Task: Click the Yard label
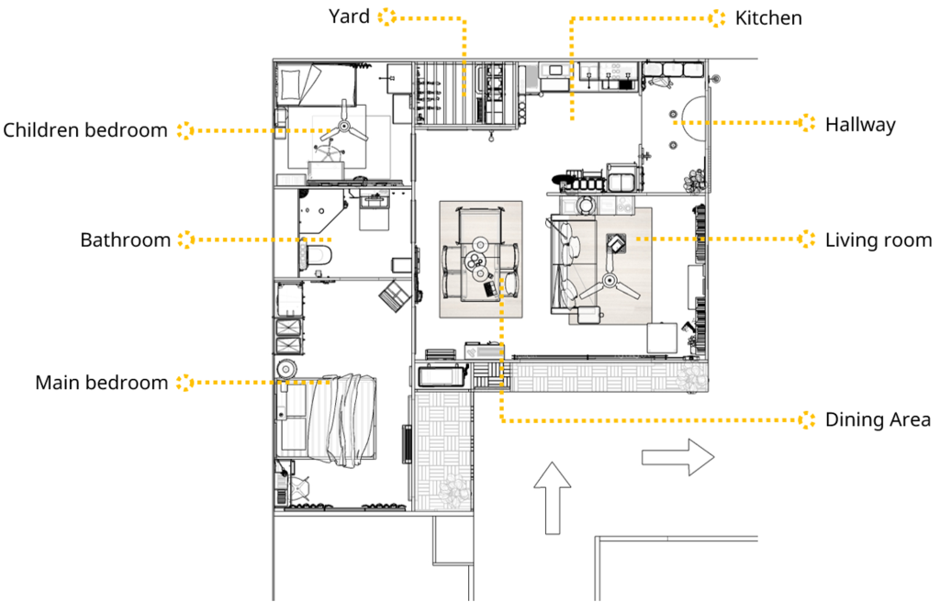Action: click(x=349, y=17)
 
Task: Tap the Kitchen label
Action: click(x=768, y=18)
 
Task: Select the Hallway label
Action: click(x=860, y=125)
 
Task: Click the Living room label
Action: click(x=878, y=240)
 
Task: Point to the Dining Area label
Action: click(x=878, y=419)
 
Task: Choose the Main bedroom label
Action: click(x=101, y=383)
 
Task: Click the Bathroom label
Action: click(x=125, y=240)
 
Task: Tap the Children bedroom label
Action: click(x=85, y=130)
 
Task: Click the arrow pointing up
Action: click(x=552, y=497)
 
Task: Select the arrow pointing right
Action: click(x=678, y=457)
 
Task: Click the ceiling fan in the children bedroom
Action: click(x=343, y=126)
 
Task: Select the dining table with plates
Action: click(x=480, y=259)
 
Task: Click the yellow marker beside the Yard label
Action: click(x=387, y=17)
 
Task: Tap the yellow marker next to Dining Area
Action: click(x=807, y=419)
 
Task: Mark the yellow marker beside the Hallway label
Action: click(x=807, y=123)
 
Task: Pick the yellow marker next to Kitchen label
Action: click(x=716, y=18)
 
